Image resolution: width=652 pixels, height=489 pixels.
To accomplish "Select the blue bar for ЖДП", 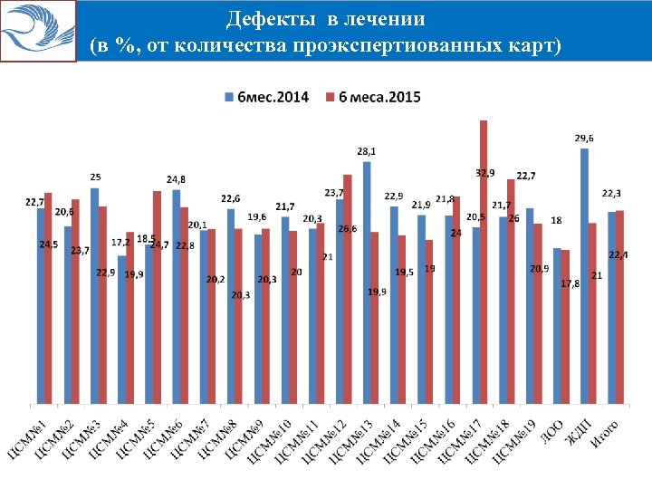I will (584, 275).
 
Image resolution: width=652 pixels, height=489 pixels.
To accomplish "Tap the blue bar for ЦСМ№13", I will (367, 282).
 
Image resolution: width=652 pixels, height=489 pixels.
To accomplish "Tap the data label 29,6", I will (585, 138).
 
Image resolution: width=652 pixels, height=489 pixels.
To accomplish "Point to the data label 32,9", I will (485, 172).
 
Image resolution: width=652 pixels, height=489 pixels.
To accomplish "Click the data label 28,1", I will (367, 151).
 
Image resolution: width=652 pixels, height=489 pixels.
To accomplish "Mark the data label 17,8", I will (570, 284).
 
